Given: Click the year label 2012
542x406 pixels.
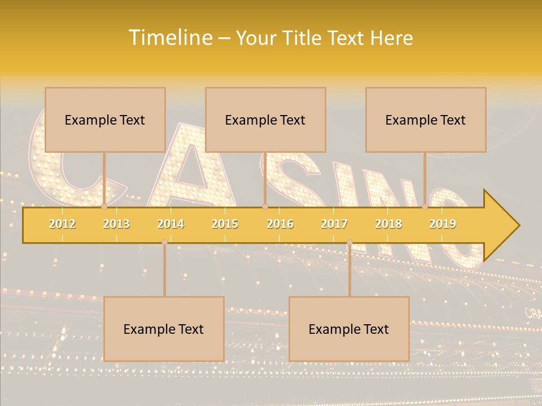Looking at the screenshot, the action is (x=62, y=224).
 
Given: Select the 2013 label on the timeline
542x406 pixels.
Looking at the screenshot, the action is (x=116, y=224).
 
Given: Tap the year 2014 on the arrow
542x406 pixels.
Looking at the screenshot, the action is (x=171, y=224).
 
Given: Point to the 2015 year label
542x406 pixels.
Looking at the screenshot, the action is (x=225, y=224).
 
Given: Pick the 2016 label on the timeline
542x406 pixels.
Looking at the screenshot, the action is (x=280, y=224).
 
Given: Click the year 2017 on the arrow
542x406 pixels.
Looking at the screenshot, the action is (x=334, y=224).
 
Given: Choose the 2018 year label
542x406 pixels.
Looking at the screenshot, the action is (x=388, y=224).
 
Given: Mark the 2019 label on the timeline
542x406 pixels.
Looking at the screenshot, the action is (x=443, y=224).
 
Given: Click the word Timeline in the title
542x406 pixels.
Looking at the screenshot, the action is (x=169, y=38).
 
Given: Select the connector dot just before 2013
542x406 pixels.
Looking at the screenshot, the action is (x=104, y=207).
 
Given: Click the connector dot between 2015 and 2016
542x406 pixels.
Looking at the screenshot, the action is (x=265, y=207).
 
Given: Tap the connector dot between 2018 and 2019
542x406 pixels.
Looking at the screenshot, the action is (x=425, y=207).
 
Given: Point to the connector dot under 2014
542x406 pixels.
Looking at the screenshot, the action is (x=164, y=242).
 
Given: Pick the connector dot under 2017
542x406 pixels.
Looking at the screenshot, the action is (x=349, y=242).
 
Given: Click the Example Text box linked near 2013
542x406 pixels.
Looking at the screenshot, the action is (x=105, y=120).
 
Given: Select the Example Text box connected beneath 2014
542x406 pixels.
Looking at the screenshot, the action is (x=164, y=329).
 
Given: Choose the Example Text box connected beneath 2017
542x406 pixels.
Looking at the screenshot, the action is (x=349, y=329).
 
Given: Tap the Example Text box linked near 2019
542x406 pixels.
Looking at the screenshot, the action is (x=426, y=120).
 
